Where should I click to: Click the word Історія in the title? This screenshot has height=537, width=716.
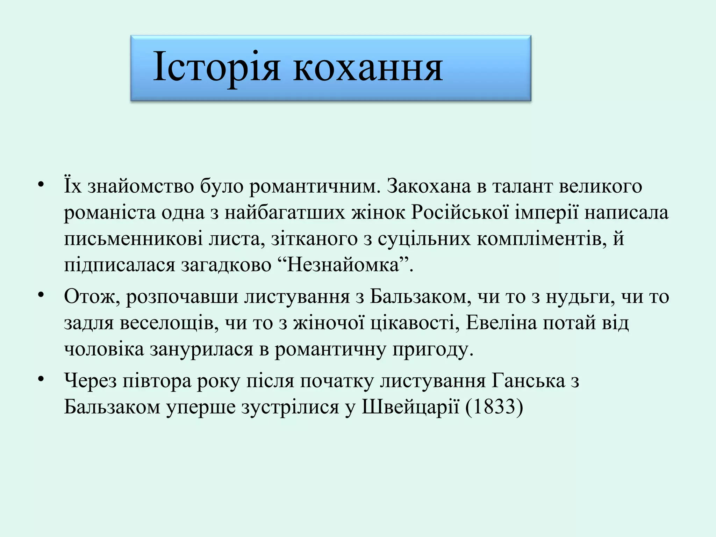216,67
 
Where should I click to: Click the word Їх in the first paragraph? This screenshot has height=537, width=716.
72,186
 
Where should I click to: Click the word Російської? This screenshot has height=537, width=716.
460,213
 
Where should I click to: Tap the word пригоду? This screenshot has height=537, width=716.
432,349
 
